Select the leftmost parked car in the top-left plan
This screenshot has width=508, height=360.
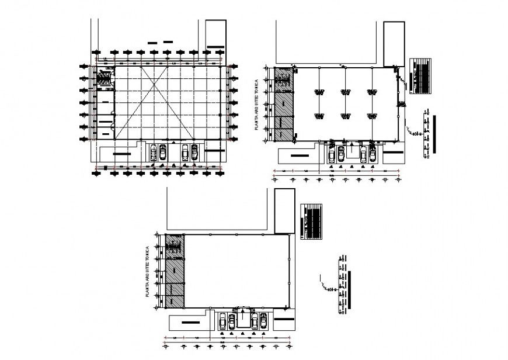pyautogui.click(x=153, y=152)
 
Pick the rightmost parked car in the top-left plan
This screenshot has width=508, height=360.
pyautogui.click(x=194, y=152)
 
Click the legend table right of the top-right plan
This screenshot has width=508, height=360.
pyautogui.click(x=420, y=75)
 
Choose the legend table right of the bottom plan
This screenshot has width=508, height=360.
pyautogui.click(x=311, y=221)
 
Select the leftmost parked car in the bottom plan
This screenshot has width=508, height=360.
pyautogui.click(x=222, y=321)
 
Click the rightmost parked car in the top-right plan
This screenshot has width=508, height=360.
pyautogui.click(x=371, y=154)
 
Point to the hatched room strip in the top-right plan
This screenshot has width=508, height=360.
pyautogui.click(x=283, y=105)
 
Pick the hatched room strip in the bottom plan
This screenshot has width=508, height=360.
pyautogui.click(x=175, y=271)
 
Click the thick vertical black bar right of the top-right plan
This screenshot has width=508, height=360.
pyautogui.click(x=434, y=134)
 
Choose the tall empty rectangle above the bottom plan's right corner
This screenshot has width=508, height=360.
pyautogui.click(x=283, y=210)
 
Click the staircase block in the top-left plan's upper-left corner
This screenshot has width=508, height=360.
pyautogui.click(x=104, y=77)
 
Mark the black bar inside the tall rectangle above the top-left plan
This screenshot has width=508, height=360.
pyautogui.click(x=215, y=47)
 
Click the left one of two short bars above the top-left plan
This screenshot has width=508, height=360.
pyautogui.click(x=153, y=42)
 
